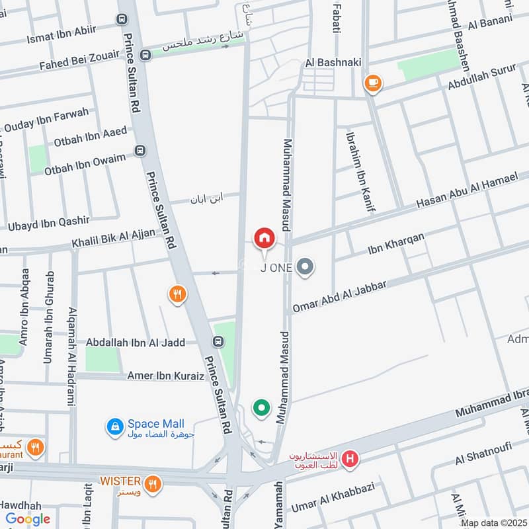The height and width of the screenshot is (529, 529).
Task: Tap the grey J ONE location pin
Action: click(305, 267)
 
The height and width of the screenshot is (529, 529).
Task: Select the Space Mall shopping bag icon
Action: click(115, 427)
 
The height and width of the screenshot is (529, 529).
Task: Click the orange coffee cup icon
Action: click(373, 83)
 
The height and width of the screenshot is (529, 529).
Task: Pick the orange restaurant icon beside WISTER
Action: click(153, 484)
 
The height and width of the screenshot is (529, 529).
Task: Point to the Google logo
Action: click(27, 519)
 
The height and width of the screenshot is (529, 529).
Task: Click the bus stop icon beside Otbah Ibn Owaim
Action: click(140, 150)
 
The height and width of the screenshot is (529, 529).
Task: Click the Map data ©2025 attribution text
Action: click(493, 522)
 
